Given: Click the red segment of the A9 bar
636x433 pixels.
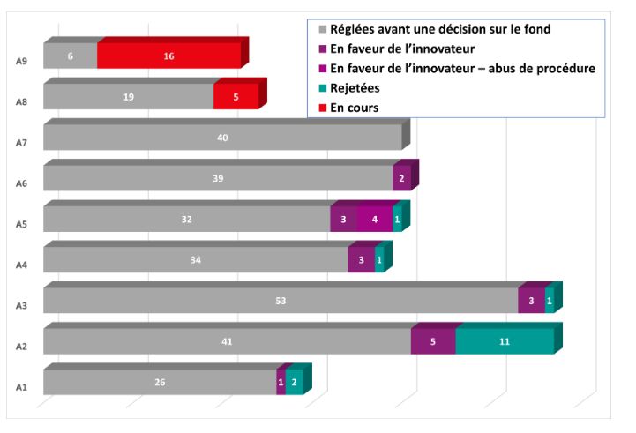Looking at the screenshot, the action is tap(168, 56).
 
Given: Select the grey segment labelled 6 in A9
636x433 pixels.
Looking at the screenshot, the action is tap(71, 56).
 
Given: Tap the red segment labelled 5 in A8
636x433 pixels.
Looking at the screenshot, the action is tap(236, 96).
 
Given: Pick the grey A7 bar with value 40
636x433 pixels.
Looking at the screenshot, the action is tap(222, 138).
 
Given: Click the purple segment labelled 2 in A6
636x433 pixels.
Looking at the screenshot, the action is tap(401, 178).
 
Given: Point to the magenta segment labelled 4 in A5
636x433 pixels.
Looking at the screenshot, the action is tap(374, 219).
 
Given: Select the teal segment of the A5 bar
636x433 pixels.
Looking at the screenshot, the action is tap(397, 219).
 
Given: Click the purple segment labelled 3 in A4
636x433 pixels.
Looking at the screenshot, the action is tap(361, 259).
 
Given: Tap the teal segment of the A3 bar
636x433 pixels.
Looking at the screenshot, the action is tap(550, 301).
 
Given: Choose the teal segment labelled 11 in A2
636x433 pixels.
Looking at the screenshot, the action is tap(505, 341).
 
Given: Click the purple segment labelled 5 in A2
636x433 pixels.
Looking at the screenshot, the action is tap(433, 341).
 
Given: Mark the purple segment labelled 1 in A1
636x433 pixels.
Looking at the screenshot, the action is tap(281, 382).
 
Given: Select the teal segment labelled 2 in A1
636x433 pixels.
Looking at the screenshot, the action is tap(295, 382).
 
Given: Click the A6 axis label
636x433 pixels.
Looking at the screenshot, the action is tap(21, 183).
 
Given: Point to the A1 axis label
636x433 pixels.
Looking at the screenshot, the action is tap(21, 387).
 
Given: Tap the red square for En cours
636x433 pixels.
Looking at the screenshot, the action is tap(323, 108).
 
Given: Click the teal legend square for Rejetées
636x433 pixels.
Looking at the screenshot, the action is tap(323, 88).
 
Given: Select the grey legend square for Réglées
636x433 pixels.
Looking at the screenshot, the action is tap(323, 29).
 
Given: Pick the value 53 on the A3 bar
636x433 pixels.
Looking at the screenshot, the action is tap(281, 301).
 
